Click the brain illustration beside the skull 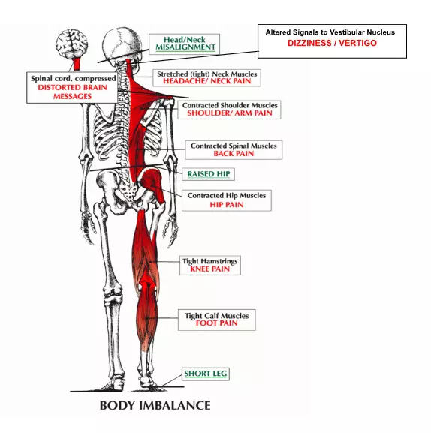[x=71, y=45]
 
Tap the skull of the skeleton [x=122, y=46]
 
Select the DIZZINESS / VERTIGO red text [x=332, y=43]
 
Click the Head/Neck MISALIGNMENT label [x=185, y=44]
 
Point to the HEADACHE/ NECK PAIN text [x=207, y=81]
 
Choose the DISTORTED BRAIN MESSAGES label [x=72, y=92]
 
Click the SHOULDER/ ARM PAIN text [x=230, y=113]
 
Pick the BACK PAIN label [x=234, y=154]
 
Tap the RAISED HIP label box [x=208, y=174]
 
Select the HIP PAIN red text [x=227, y=205]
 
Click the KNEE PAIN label [x=210, y=269]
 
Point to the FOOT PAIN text [x=216, y=323]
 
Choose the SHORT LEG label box [x=205, y=374]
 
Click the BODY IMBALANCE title [x=155, y=406]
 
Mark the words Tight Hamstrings [x=210, y=261]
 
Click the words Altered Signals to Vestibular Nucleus [x=330, y=32]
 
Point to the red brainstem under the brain [x=77, y=64]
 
